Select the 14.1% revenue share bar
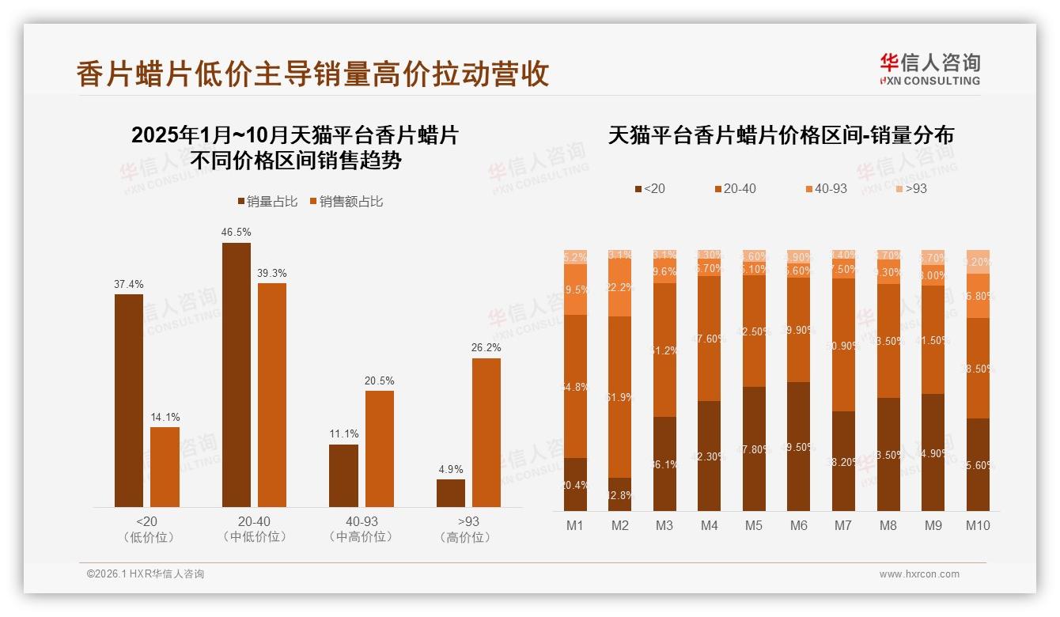pyautogui.click(x=165, y=467)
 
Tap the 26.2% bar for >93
pyautogui.click(x=486, y=433)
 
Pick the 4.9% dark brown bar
pyautogui.click(x=451, y=493)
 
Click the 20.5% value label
pyautogui.click(x=380, y=380)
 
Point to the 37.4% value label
pyautogui.click(x=129, y=284)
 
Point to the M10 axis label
pyautogui.click(x=978, y=525)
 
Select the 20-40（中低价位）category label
pyautogui.click(x=254, y=529)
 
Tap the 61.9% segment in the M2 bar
pyautogui.click(x=620, y=397)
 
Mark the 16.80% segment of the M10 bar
pyautogui.click(x=978, y=296)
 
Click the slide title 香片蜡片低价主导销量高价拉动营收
pyautogui.click(x=312, y=74)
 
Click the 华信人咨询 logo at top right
pyautogui.click(x=929, y=69)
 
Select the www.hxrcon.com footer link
pyautogui.click(x=919, y=574)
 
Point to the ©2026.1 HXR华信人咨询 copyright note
pyautogui.click(x=146, y=574)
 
